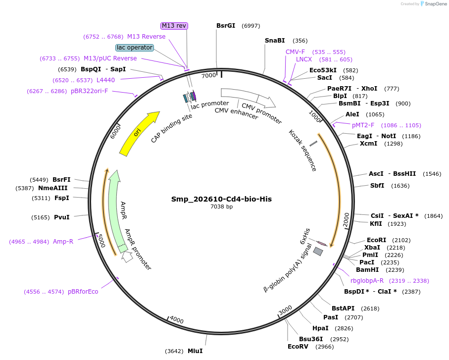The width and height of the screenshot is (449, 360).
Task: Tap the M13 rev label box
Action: (x=174, y=25)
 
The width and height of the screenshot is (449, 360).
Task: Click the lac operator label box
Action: (x=135, y=48)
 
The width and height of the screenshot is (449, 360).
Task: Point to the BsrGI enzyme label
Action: (x=226, y=26)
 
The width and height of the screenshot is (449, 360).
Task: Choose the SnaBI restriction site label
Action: (x=275, y=41)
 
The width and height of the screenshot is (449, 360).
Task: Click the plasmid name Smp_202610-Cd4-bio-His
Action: (x=221, y=199)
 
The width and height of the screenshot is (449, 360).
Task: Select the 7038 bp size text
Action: (x=221, y=207)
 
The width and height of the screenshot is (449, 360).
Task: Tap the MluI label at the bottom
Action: (x=195, y=351)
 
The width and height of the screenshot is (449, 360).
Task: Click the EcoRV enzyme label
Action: (x=298, y=346)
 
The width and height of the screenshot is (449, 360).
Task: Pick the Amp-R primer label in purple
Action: (x=63, y=242)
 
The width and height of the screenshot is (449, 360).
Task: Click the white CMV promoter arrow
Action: (x=248, y=97)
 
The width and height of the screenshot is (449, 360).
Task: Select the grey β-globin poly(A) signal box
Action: (x=318, y=252)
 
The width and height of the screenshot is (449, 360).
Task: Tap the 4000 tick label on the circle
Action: (x=177, y=320)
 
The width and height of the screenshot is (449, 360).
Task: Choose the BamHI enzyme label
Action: (x=367, y=270)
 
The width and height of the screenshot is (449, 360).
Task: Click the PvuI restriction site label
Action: (x=61, y=217)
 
